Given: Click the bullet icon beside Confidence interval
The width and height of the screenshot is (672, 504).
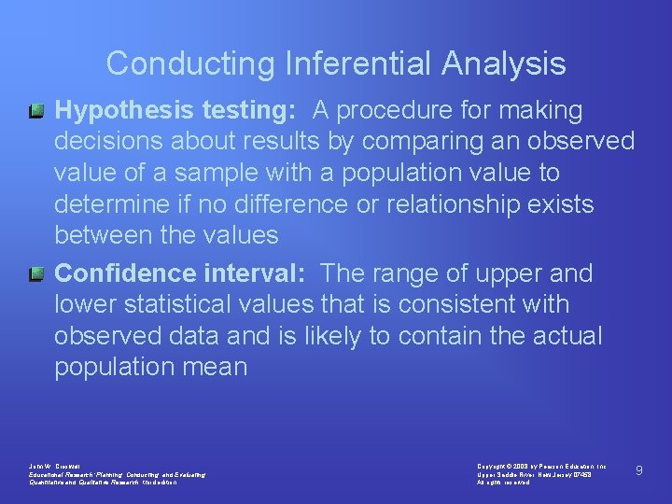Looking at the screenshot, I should coord(35,274).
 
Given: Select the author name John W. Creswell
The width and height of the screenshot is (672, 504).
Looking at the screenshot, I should coord(56,466).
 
